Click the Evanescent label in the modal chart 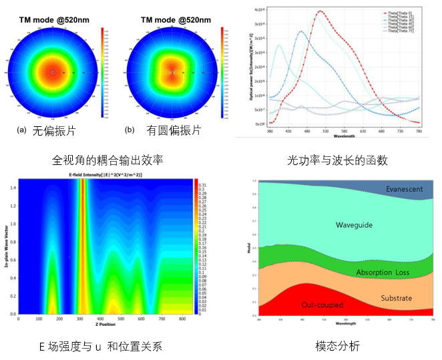click(405, 189)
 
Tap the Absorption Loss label click(383, 273)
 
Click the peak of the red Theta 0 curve click(320, 11)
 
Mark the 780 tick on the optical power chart click(419, 132)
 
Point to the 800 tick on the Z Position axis click(180, 321)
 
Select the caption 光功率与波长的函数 click(337, 160)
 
